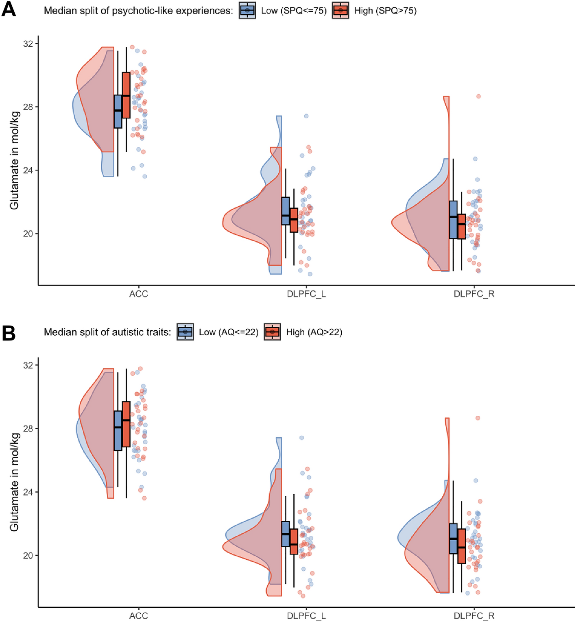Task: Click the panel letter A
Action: [x=9, y=9]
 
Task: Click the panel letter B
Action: [x=9, y=333]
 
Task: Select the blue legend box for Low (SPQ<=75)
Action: [x=247, y=11]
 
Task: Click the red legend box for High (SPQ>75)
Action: [x=340, y=11]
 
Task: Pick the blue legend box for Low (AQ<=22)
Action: [x=185, y=332]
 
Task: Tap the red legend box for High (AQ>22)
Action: [x=272, y=332]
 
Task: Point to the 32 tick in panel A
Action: [x=28, y=44]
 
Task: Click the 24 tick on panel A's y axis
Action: [x=28, y=170]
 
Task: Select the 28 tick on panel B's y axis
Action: [x=28, y=429]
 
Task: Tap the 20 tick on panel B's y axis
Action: [x=28, y=556]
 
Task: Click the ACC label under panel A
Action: [x=138, y=294]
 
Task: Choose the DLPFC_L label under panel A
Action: [x=306, y=294]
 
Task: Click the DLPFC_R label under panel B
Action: [x=474, y=616]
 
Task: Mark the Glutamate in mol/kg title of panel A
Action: [x=15, y=160]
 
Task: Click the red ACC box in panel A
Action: [x=126, y=95]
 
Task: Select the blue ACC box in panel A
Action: [x=118, y=111]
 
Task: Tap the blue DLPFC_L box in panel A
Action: [x=286, y=211]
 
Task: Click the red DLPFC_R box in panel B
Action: [x=462, y=546]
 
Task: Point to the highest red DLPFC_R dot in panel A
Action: [x=478, y=96]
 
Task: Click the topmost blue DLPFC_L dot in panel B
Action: [x=302, y=438]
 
